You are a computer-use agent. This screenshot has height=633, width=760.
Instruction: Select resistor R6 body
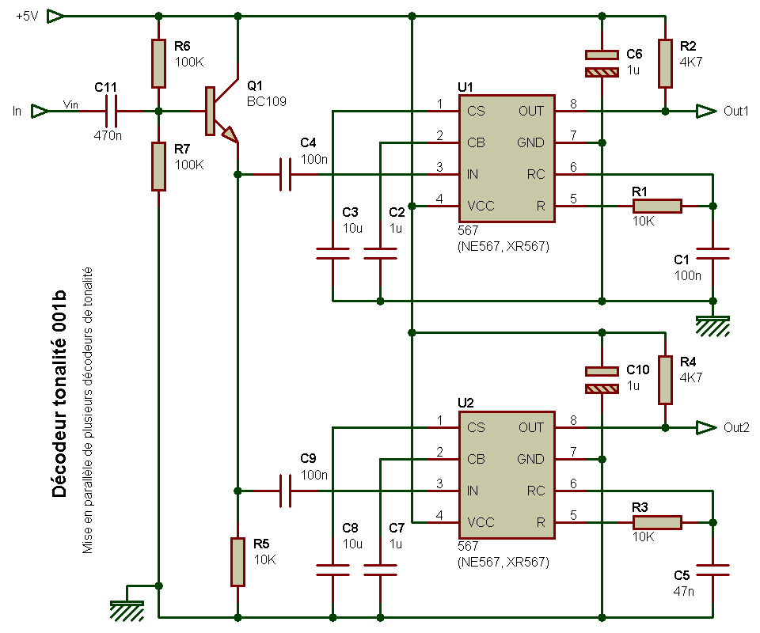158,63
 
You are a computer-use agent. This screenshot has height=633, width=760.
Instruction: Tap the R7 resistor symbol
158,166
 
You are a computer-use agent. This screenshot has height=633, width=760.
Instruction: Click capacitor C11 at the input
112,111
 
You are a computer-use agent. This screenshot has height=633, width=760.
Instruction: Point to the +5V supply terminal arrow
55,17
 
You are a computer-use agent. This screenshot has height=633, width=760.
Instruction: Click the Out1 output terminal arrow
706,111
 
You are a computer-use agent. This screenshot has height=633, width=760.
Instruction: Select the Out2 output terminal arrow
706,427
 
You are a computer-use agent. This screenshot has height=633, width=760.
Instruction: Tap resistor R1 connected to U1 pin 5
657,206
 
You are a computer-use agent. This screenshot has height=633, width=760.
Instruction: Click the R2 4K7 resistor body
665,63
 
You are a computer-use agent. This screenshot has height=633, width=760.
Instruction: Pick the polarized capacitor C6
602,63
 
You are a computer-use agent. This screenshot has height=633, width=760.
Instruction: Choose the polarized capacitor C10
602,380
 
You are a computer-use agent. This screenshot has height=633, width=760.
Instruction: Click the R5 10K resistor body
237,562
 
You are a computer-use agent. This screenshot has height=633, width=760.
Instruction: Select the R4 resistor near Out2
665,380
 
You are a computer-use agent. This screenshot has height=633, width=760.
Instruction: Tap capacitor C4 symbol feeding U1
286,174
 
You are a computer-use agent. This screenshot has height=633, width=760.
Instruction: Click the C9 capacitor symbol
286,491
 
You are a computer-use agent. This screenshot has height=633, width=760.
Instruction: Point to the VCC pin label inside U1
481,206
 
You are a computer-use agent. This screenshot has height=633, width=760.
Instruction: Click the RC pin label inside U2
536,491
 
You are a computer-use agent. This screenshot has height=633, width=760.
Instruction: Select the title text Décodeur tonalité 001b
59,394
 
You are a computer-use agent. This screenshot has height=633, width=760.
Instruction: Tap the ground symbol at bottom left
127,611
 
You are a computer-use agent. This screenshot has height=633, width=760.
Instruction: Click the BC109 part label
267,102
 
